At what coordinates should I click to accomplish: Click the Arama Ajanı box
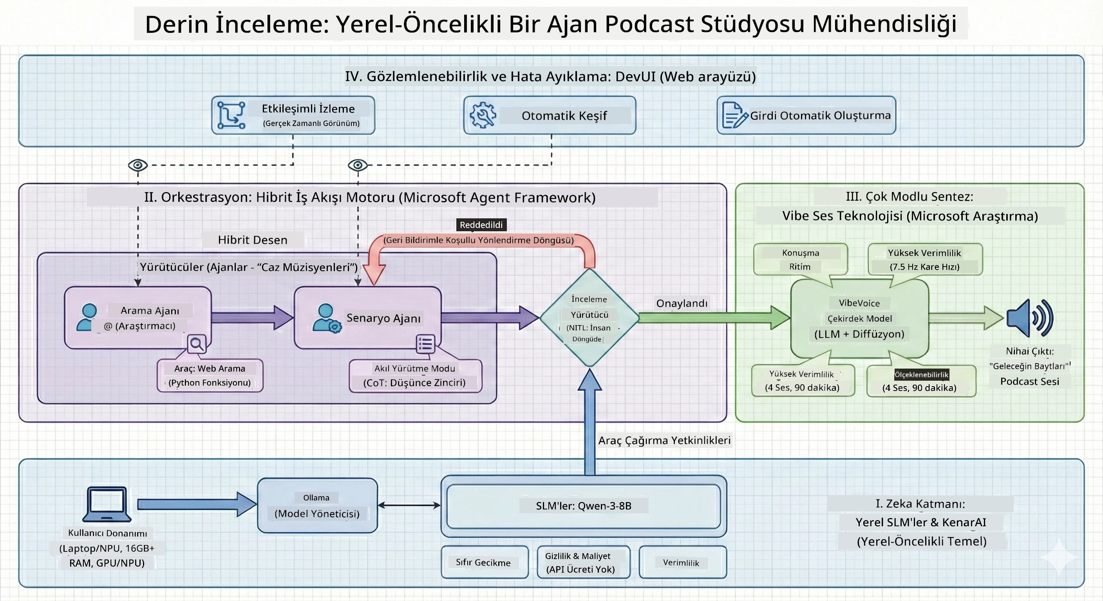138,317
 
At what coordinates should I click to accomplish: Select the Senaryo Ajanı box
368,317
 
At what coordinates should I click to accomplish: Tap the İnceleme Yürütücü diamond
589,317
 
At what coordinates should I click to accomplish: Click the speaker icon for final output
1030,318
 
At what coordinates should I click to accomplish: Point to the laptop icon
107,504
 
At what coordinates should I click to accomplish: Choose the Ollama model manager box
317,505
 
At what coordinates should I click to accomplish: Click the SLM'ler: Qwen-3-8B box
584,506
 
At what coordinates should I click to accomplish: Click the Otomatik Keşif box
550,115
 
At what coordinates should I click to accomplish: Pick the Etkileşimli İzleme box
293,115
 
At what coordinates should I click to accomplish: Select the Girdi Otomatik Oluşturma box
806,115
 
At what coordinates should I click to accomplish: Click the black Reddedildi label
481,225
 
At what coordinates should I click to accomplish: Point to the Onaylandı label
682,303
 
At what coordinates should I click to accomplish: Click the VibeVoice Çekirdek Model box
859,318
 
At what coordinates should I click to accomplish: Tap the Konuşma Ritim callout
800,259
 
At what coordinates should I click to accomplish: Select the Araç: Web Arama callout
210,375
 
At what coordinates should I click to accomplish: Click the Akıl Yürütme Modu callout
415,376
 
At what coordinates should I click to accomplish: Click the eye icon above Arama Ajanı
138,165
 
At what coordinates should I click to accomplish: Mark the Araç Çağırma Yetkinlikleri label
664,440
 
